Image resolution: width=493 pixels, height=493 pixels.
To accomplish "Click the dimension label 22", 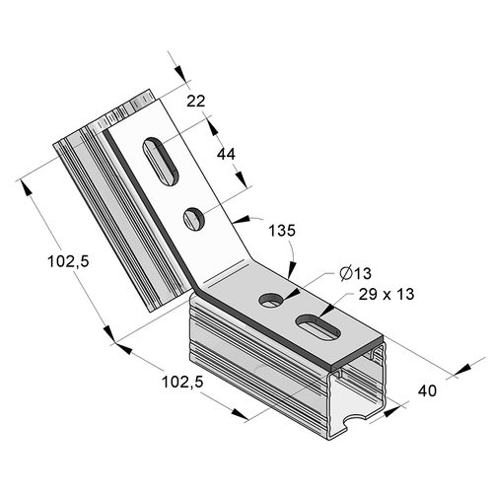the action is coord(196,101).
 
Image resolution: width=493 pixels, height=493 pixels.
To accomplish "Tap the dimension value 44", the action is coord(226,154).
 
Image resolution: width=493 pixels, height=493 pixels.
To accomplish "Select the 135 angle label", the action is coord(282,231).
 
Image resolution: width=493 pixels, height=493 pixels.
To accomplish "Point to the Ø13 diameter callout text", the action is coord(356,273).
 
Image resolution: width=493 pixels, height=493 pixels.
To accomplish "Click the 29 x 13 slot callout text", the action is coord(387,294).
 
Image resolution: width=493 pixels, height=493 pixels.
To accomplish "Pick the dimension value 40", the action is coord(427,390).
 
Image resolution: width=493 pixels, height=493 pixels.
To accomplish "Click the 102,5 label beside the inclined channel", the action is coord(68,262).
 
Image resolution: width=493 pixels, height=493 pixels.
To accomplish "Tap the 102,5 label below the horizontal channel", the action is coord(182,382).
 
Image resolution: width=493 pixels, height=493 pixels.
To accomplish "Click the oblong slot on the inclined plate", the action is coord(161,162).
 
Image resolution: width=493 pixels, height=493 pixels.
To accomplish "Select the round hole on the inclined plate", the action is coord(194,218).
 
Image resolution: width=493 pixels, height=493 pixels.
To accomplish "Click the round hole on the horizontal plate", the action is coord(271,300).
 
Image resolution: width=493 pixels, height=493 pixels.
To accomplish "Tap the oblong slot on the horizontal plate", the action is coord(318,326).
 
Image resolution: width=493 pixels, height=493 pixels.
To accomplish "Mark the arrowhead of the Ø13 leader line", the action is coord(294,294).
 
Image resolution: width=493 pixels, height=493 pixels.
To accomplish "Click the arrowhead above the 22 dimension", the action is coord(180,73).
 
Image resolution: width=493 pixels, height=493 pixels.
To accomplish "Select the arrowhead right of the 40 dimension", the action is coord(464,369).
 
